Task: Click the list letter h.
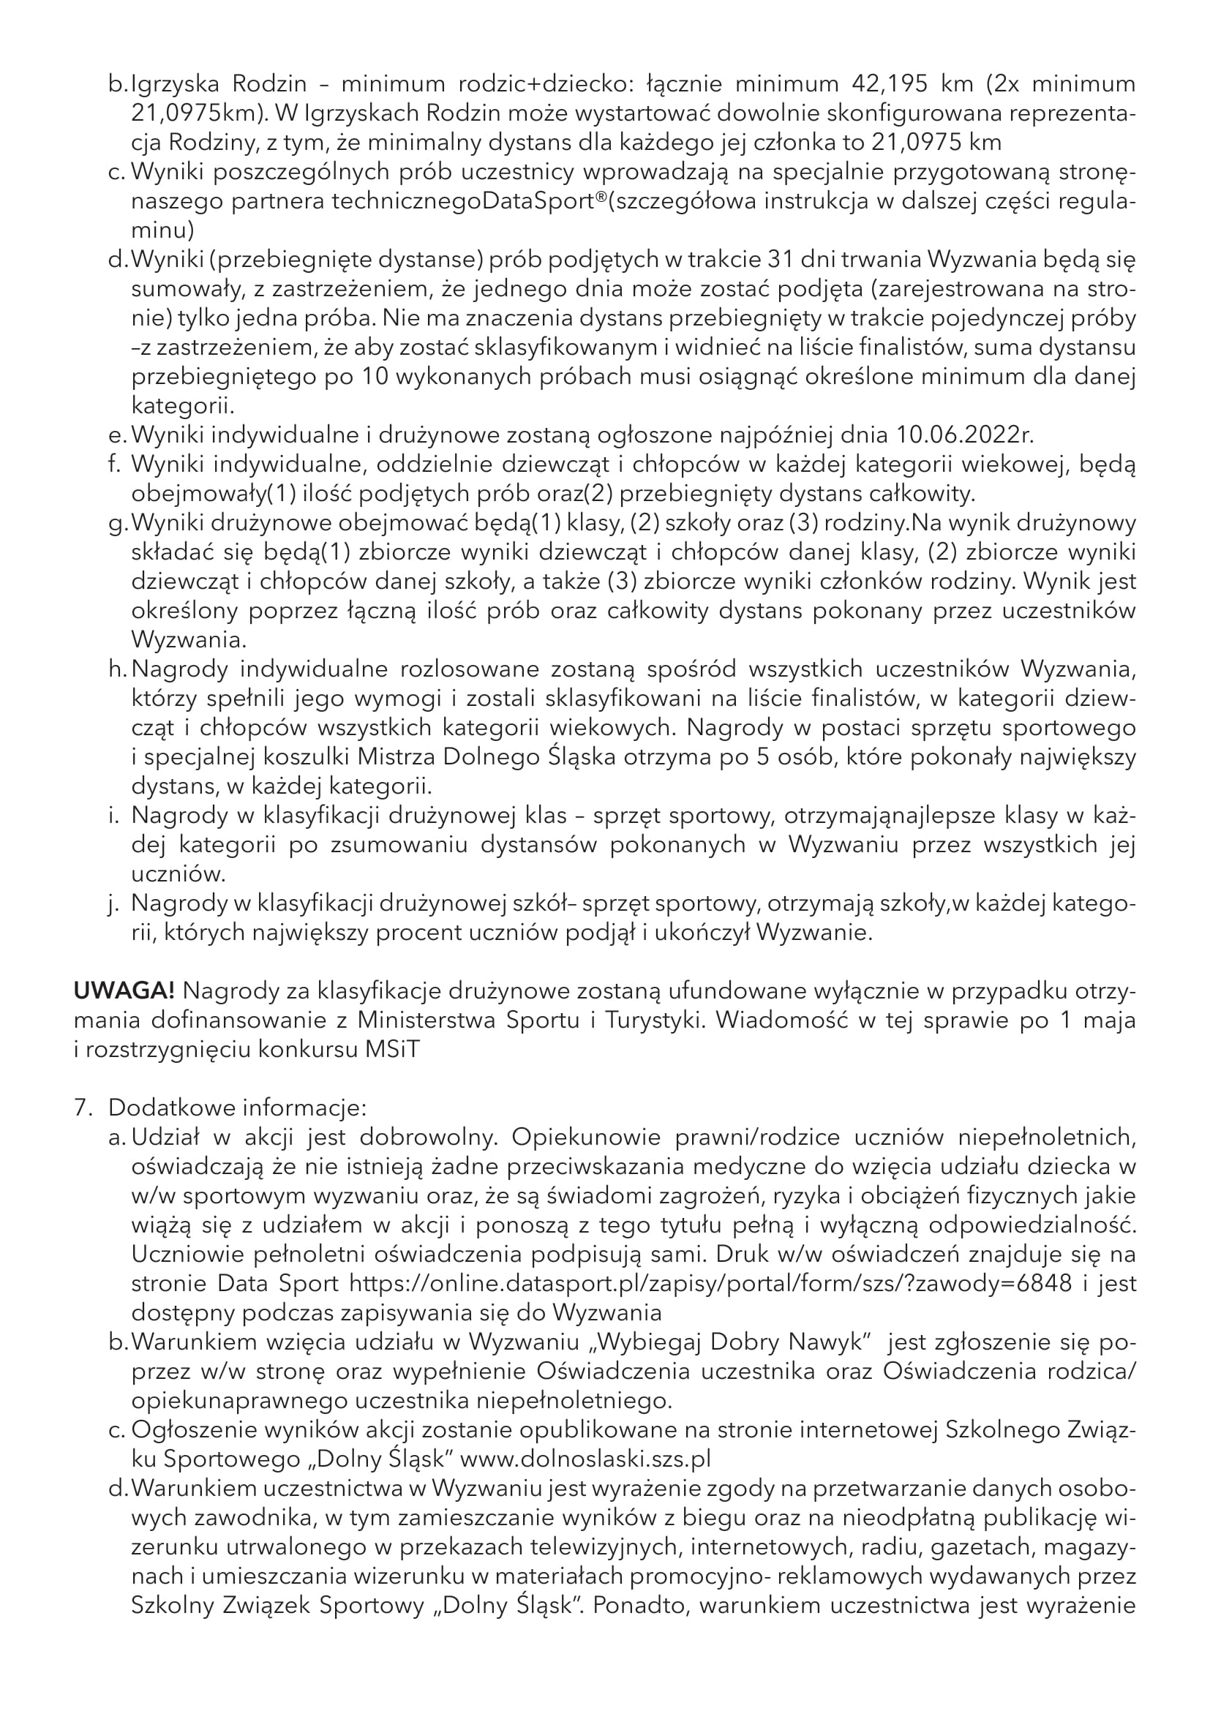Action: [117, 669]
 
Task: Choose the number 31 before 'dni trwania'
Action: [784, 260]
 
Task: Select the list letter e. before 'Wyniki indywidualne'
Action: [116, 435]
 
